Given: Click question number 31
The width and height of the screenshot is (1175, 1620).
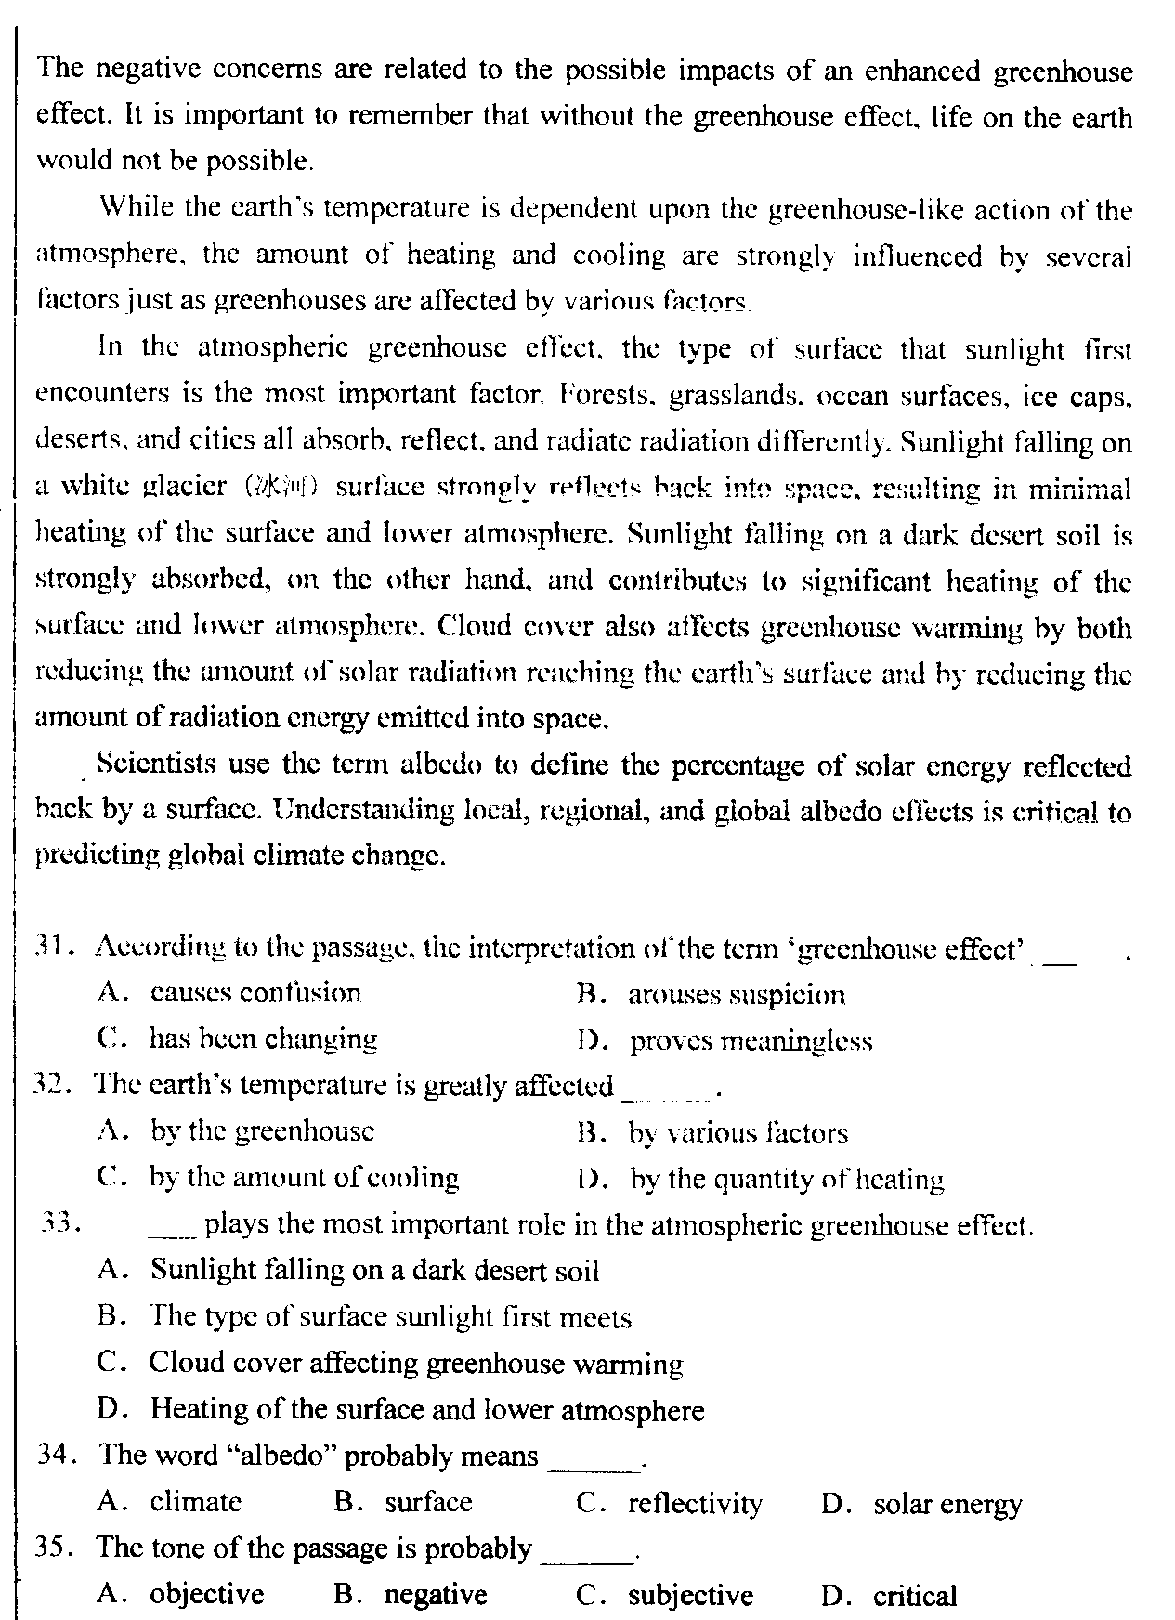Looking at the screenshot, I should click(47, 947).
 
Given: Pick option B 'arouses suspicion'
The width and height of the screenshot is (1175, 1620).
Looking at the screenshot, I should click(737, 995).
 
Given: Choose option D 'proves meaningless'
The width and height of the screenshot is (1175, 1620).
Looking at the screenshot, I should click(751, 1040).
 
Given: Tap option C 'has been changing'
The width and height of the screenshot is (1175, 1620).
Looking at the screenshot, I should click(263, 1039).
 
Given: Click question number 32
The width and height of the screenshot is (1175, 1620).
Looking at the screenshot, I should click(47, 1086).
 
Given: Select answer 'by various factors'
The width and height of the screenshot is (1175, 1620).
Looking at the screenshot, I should click(738, 1133).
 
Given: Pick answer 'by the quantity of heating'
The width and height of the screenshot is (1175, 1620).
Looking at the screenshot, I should click(787, 1180).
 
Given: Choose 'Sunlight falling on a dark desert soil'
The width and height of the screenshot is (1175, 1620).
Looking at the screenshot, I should click(374, 1270).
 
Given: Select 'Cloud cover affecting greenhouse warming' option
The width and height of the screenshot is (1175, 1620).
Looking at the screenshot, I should click(415, 1364).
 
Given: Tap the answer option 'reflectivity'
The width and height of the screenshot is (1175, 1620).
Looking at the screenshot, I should click(695, 1503).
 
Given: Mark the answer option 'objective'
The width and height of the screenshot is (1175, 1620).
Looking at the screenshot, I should click(207, 1595).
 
